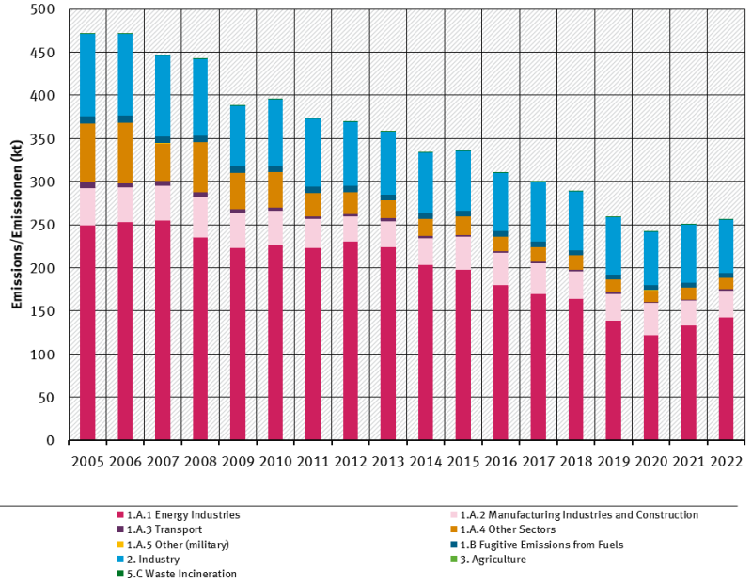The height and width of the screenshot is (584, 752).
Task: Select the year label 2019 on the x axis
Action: tap(614, 461)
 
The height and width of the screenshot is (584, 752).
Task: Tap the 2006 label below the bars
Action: tap(125, 461)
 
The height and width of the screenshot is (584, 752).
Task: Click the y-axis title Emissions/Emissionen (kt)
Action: tap(16, 226)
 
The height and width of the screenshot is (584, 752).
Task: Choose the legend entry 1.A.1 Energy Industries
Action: tap(183, 515)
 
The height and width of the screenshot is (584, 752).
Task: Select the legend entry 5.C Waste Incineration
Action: tap(181, 574)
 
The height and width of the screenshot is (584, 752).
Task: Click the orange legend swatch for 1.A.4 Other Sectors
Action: tap(455, 529)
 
